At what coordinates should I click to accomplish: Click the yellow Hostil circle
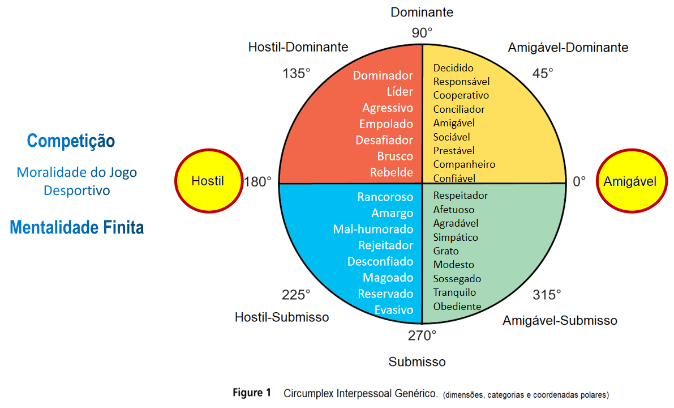(208, 181)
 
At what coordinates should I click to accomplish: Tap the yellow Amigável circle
(630, 181)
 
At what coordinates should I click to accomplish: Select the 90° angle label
(422, 33)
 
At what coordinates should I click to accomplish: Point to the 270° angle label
(422, 335)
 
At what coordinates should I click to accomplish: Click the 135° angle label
(297, 73)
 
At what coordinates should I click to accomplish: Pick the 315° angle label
(547, 295)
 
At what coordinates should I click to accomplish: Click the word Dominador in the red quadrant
(383, 75)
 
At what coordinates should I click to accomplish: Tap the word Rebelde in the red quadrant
(392, 172)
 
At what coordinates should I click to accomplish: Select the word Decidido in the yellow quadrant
(453, 68)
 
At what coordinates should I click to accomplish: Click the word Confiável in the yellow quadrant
(454, 178)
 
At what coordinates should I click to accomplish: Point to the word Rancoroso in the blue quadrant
(385, 197)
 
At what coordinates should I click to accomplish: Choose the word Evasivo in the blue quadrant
(394, 310)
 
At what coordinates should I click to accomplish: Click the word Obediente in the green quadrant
(457, 307)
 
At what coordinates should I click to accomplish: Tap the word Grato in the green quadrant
(446, 251)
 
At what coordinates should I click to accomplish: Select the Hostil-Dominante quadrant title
(298, 47)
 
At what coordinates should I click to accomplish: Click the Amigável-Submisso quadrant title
(560, 321)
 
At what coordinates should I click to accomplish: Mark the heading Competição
(71, 141)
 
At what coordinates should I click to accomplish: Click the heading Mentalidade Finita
(77, 228)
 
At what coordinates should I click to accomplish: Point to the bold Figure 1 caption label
(252, 393)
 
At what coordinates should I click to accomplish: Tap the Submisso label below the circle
(417, 362)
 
